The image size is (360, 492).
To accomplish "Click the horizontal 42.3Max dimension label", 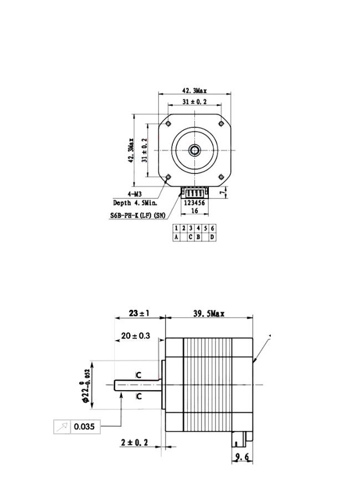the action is click(x=194, y=91).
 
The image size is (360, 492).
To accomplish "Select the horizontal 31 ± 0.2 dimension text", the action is click(x=195, y=101).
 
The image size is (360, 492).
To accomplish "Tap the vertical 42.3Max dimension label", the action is click(x=131, y=150).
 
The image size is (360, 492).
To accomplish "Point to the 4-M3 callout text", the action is click(x=135, y=194).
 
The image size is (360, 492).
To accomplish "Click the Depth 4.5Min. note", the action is click(x=135, y=203).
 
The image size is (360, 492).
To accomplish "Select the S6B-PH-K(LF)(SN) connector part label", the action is click(x=138, y=216).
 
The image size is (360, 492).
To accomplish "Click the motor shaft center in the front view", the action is click(x=194, y=150).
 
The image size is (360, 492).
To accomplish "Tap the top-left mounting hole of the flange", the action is click(x=168, y=124).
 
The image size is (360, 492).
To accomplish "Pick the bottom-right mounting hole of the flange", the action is click(x=221, y=177).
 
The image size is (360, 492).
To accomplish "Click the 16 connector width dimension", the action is click(x=194, y=211).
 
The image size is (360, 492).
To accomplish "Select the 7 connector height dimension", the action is click(x=223, y=193).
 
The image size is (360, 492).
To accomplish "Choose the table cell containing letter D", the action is click(x=213, y=237).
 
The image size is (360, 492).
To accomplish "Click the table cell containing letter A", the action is click(x=176, y=237).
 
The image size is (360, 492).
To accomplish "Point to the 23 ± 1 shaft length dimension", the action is click(x=139, y=313).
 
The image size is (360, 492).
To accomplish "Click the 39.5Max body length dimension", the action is click(x=209, y=314).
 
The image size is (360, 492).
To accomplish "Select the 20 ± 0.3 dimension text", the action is click(x=136, y=335).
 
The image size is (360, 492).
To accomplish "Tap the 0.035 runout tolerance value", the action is click(x=84, y=427).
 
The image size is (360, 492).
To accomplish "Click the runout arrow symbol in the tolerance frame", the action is click(x=62, y=427).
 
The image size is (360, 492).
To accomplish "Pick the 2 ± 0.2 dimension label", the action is click(x=134, y=443).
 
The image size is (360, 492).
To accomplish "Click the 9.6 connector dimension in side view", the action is click(x=242, y=457).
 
